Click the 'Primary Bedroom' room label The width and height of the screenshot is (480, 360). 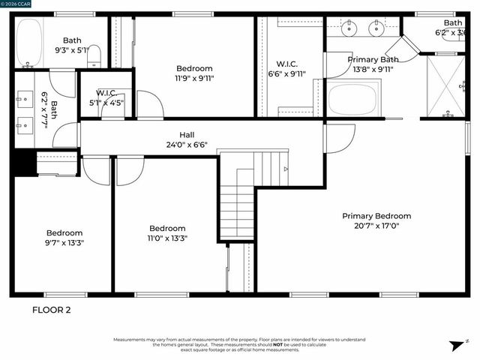point(376,216)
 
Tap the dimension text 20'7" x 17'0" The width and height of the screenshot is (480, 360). point(376,226)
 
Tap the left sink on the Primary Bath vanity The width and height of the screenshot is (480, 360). point(350,30)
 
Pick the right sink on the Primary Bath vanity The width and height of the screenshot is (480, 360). point(377,30)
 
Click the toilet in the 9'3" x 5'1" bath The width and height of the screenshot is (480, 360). point(94,55)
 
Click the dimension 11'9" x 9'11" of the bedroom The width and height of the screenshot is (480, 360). point(194,78)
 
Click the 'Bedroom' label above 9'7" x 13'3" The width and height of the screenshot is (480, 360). point(64,232)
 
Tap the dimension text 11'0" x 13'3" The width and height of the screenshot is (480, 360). point(166,238)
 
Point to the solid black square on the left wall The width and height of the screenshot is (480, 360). point(23,163)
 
